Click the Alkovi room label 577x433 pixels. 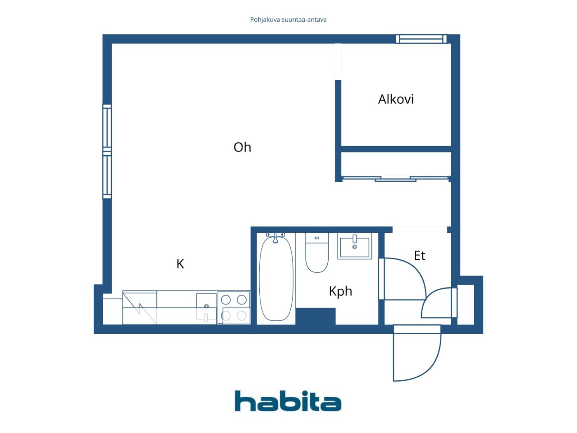pos(396,99)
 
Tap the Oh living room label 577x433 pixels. pos(242,147)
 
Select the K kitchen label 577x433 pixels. pos(180,264)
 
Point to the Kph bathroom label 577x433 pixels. pos(340,291)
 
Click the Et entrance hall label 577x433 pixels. pos(419,255)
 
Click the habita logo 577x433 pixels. pos(288,401)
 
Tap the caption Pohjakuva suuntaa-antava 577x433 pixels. pos(288,20)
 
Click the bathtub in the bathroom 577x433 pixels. pos(276,279)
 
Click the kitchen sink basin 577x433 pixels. pos(206,308)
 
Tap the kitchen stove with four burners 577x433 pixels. pos(234,308)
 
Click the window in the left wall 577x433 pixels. pos(107,151)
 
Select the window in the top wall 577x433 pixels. pos(421,39)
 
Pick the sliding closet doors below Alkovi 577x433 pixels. pos(396,179)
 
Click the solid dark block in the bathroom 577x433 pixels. pos(316,316)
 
